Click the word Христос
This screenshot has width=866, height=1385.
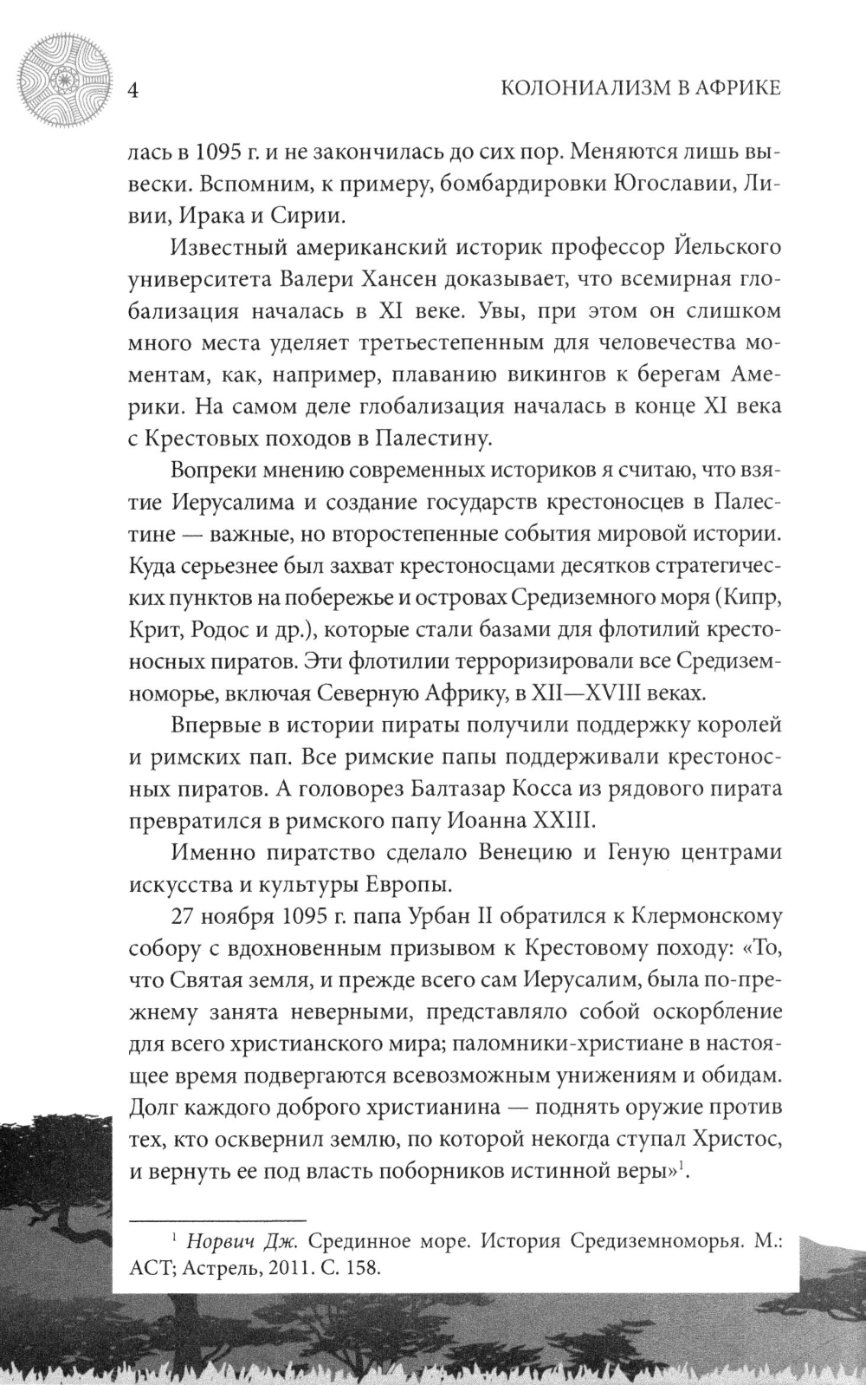733,1137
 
